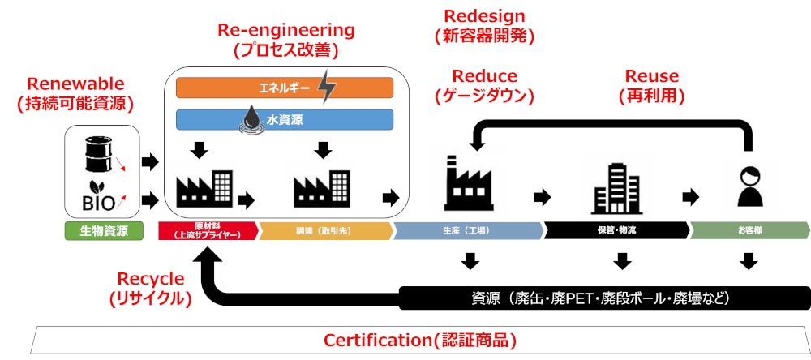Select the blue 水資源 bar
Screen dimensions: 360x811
coord(285,120)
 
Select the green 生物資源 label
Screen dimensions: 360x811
coord(102,230)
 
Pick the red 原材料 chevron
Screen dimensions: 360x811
coord(208,230)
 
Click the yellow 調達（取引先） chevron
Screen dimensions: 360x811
coord(324,230)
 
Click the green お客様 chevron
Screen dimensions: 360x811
coord(748,230)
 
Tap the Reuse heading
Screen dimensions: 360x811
coord(651,76)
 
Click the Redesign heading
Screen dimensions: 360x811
coord(485,15)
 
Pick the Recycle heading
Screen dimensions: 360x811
coord(151,278)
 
